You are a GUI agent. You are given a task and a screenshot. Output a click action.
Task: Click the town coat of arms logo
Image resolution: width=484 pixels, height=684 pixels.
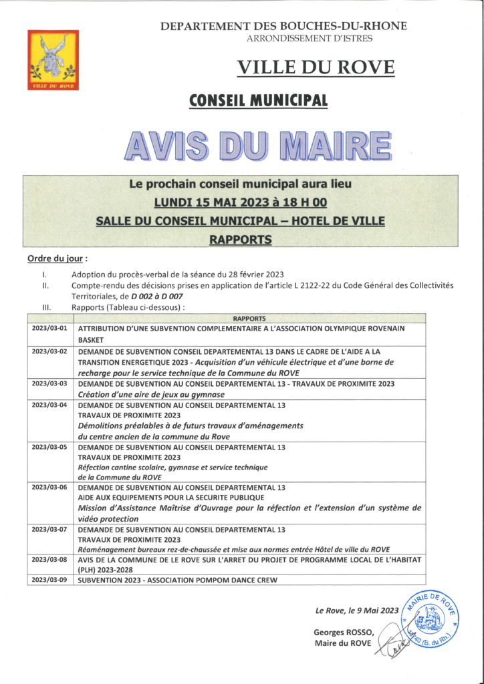(53, 60)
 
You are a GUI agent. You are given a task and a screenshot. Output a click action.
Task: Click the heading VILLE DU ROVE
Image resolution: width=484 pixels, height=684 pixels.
(316, 67)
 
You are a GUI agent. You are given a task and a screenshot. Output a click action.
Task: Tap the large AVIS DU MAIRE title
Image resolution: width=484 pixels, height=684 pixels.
(257, 144)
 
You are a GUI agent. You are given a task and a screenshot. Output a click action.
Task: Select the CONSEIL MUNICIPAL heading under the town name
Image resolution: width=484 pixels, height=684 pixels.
(259, 101)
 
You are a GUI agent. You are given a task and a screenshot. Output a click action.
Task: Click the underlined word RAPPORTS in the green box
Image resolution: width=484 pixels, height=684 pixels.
(241, 239)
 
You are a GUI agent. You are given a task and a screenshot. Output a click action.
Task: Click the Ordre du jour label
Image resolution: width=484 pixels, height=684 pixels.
(57, 259)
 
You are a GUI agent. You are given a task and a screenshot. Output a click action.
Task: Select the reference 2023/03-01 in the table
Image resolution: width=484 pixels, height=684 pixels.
(50, 329)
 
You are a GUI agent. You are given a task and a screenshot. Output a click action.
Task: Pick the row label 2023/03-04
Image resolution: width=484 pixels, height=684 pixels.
(50, 405)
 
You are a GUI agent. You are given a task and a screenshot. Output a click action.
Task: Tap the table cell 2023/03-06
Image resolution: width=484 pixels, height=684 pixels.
(50, 488)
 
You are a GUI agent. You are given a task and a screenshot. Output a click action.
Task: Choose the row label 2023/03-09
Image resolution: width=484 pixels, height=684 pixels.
(50, 580)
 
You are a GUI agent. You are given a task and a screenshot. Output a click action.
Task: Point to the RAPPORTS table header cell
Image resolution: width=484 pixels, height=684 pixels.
(250, 319)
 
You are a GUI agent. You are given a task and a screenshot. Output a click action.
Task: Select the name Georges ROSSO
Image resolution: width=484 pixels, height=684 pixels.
(342, 632)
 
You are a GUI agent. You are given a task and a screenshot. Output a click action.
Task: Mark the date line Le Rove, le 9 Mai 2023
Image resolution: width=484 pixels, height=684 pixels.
(357, 609)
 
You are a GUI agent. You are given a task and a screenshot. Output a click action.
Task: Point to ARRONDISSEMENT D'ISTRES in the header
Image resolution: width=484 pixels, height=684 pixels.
(310, 39)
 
